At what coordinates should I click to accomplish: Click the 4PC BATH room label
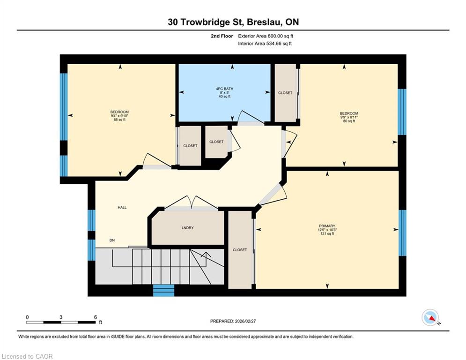[x=224, y=89]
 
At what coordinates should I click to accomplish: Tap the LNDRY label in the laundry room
[x=187, y=228]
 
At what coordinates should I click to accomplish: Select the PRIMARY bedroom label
[x=327, y=226]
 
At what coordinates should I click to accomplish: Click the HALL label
[x=122, y=208]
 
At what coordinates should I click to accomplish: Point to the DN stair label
[x=112, y=240]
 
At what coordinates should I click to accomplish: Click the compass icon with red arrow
[x=430, y=317]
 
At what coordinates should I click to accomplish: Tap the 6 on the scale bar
[x=96, y=317]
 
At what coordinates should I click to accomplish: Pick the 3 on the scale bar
[x=61, y=317]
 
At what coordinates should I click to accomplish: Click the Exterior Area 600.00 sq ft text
[x=266, y=36]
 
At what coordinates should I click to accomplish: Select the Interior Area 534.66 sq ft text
[x=265, y=44]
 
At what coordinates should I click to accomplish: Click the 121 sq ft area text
[x=327, y=234]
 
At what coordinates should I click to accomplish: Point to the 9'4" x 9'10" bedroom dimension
[x=119, y=116]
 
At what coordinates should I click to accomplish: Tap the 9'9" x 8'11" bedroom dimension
[x=349, y=117]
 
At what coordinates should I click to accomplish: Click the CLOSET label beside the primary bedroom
[x=240, y=250]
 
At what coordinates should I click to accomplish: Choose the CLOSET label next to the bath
[x=285, y=93]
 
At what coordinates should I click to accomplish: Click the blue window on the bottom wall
[x=163, y=290]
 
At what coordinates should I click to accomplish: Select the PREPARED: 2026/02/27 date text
[x=233, y=321]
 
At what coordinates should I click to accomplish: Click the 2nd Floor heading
[x=222, y=36]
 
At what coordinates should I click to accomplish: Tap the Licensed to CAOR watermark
[x=27, y=356]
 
